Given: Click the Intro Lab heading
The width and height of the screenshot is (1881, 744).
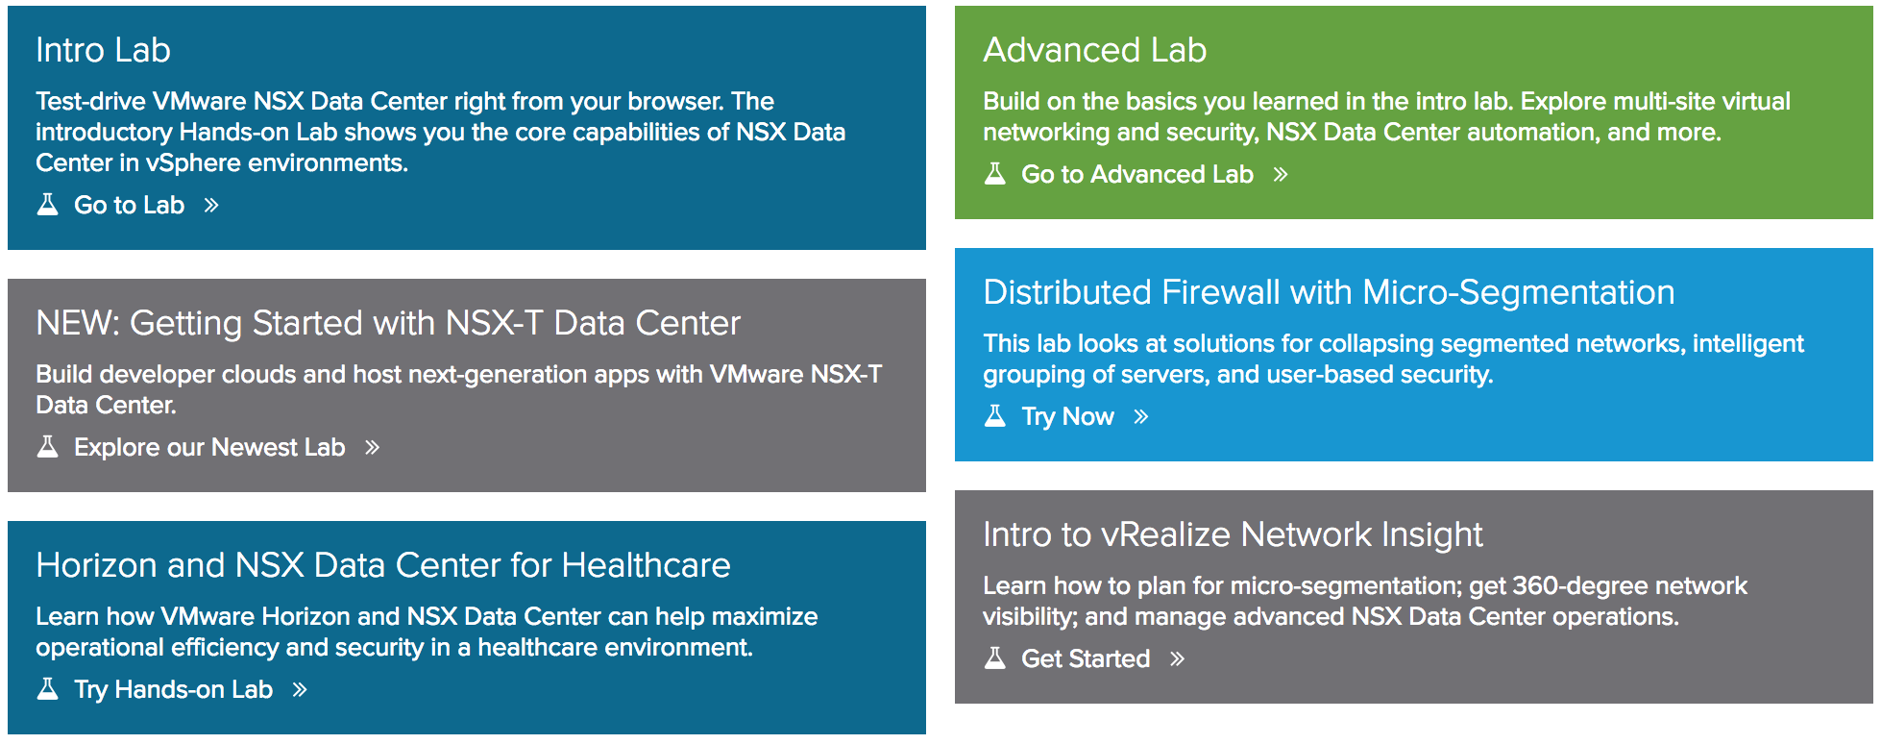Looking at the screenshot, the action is pos(103,50).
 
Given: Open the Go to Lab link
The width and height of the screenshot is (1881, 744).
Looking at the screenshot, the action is pos(129,205).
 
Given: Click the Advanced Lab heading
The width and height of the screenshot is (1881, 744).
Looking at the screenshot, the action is pos(1094,50).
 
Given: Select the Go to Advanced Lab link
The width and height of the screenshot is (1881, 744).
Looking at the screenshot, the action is pos(1136,174).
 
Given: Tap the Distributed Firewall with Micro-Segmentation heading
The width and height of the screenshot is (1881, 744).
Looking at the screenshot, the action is pos(1329,292).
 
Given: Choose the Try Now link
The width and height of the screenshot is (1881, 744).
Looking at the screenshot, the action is pos(1067,416).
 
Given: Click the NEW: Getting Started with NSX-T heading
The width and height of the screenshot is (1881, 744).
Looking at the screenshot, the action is pos(388,323).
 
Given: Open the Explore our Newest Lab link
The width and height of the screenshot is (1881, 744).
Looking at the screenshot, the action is pos(209,447).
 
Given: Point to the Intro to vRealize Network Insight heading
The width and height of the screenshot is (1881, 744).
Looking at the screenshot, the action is pos(1233,534).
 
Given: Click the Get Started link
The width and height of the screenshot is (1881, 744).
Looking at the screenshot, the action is pos(1086,658).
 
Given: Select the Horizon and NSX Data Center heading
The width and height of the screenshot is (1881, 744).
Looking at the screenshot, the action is pos(383,565).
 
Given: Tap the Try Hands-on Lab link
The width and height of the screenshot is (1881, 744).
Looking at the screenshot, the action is pos(173,689).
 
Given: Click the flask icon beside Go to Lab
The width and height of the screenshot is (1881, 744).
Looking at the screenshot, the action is pos(47,204).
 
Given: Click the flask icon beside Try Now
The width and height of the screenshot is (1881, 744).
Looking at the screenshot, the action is pos(995,415).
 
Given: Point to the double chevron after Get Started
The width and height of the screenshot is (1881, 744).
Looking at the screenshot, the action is pos(1177,658).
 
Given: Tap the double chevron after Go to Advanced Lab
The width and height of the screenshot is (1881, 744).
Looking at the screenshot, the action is pos(1280,174).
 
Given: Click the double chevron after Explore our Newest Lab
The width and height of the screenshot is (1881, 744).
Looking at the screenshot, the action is pos(372,447).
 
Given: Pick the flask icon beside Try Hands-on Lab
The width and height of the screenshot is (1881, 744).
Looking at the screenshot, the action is pos(47,688).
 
